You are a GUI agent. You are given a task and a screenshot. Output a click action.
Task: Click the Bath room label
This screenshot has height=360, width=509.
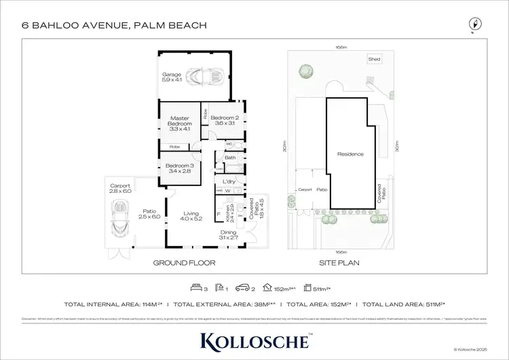[230, 158]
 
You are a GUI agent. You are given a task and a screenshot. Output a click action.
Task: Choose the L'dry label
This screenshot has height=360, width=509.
[229, 182]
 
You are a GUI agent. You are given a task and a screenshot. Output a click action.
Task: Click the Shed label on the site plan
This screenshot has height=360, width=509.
[374, 59]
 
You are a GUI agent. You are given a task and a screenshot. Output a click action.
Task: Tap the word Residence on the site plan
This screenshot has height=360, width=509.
[350, 154]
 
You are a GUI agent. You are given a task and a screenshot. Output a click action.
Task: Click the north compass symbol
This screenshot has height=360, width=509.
[474, 25]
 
